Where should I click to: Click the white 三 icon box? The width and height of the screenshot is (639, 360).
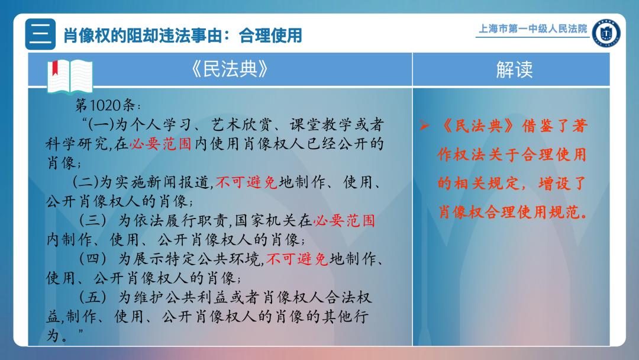(x=40, y=34)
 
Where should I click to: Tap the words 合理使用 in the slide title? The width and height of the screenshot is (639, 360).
(x=270, y=36)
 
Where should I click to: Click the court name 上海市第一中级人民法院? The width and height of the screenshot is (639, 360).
(x=532, y=28)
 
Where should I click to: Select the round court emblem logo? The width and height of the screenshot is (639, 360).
(x=606, y=33)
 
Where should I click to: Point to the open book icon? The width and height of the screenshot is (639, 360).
(x=70, y=76)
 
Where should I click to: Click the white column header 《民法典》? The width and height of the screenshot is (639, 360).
(x=230, y=69)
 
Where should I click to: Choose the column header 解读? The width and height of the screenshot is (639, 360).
(x=514, y=70)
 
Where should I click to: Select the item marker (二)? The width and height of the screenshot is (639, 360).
(x=86, y=182)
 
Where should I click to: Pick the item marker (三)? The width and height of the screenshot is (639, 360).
(x=92, y=220)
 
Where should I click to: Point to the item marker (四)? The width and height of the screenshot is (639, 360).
(x=92, y=259)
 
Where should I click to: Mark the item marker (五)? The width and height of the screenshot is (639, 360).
(x=92, y=297)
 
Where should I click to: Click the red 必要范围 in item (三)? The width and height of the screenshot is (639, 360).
(x=344, y=221)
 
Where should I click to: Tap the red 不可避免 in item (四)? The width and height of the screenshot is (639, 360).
(x=297, y=259)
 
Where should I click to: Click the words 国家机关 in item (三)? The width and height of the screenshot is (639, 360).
(x=266, y=221)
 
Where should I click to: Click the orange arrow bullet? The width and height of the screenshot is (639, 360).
(x=424, y=126)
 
